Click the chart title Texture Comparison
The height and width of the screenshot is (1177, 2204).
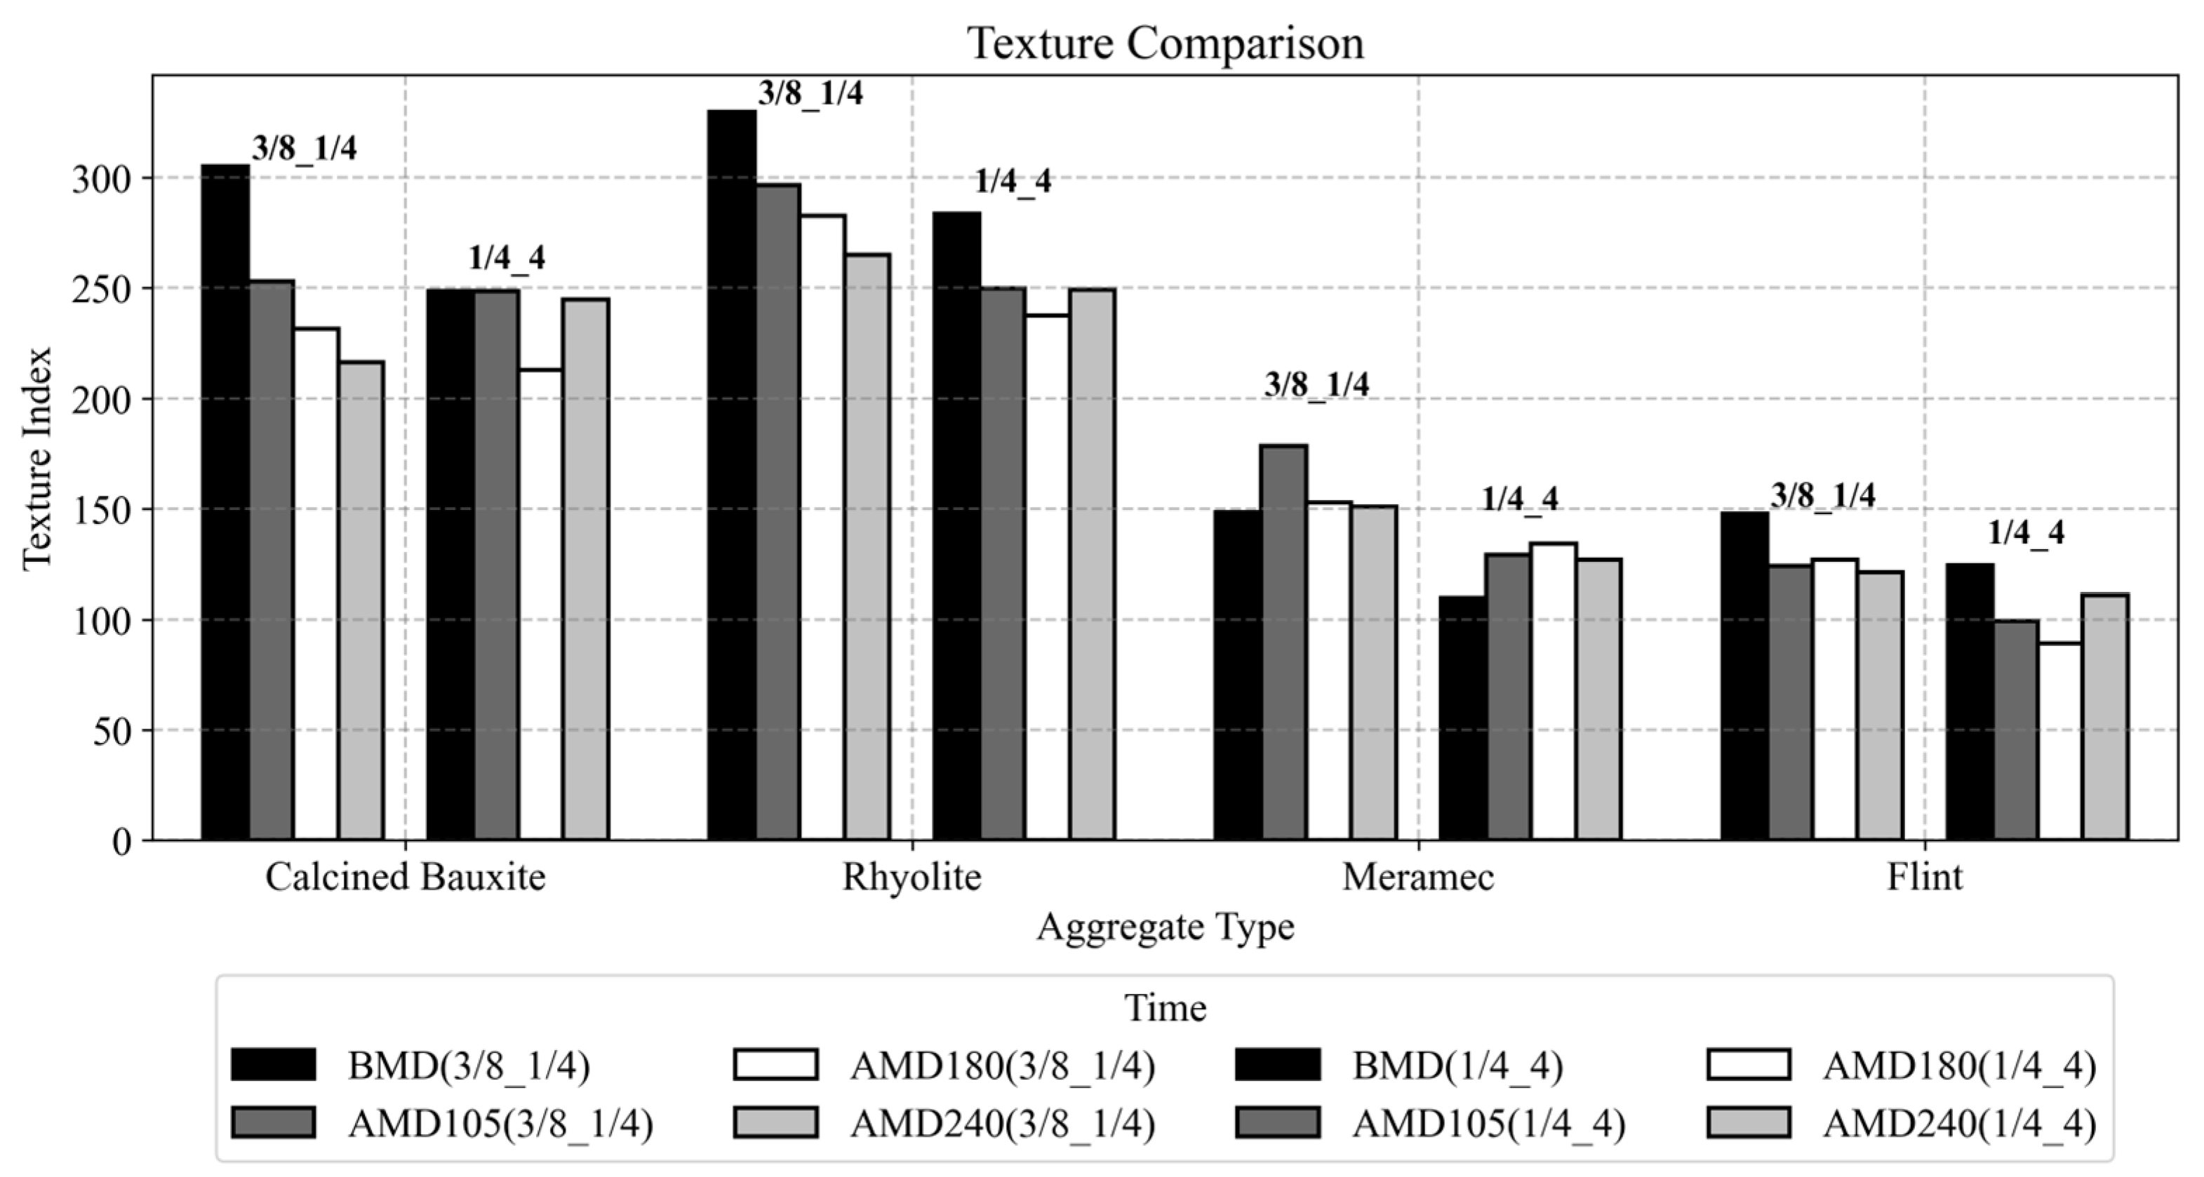[x=1166, y=43]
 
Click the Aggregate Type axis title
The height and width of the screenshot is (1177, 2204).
[x=1166, y=927]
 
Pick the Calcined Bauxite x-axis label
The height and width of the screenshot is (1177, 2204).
[x=405, y=877]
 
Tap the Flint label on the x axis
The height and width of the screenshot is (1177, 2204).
[x=1924, y=877]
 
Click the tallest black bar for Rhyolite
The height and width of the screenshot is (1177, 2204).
[x=732, y=475]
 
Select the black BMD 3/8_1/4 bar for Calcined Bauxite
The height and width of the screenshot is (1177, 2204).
[x=225, y=502]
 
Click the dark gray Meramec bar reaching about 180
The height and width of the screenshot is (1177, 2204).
[x=1284, y=642]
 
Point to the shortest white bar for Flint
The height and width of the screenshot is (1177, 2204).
[x=2059, y=741]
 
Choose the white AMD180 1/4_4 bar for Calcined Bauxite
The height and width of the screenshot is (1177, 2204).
[x=541, y=605]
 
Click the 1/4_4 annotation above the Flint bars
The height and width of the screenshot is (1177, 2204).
[x=2025, y=534]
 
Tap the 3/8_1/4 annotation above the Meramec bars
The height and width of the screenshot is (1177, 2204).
[x=1316, y=385]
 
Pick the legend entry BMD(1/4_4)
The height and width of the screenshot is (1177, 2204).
[x=1457, y=1065]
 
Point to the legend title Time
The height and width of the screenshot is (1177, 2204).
[x=1166, y=1009]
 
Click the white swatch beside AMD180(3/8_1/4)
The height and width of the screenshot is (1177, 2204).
[x=775, y=1065]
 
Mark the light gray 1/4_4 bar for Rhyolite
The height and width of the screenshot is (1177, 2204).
[x=1092, y=565]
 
